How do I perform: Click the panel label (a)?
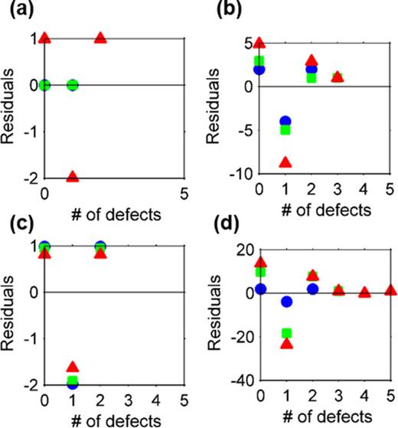(18, 10)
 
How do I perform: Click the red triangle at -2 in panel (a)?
(73, 176)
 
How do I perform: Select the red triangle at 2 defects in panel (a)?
(100, 38)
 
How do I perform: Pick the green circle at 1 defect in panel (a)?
(73, 84)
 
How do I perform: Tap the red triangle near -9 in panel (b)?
(285, 162)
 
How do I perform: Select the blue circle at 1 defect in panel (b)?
(285, 121)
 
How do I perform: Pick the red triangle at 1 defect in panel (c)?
(73, 367)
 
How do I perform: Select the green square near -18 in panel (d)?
(285, 333)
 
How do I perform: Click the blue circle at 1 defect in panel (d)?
(285, 302)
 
